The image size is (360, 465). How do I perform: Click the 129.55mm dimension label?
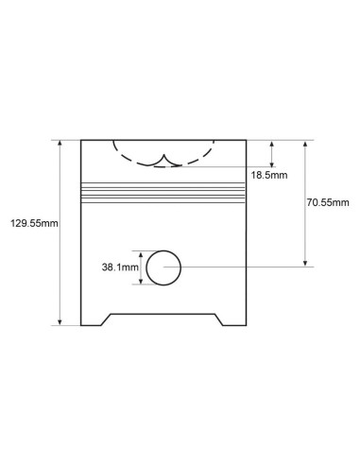tap(34, 223)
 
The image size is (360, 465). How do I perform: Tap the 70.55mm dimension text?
tap(328, 202)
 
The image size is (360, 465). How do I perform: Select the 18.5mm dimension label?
tap(269, 175)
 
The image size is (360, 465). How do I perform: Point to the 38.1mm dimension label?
tap(120, 267)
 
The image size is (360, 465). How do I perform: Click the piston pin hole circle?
tap(146, 267)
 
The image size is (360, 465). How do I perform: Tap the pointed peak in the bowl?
tap(163, 155)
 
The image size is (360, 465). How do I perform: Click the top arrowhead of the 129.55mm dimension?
tap(60, 144)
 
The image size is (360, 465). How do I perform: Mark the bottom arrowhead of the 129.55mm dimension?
tap(60, 322)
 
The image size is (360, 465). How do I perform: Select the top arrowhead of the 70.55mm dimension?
tap(305, 144)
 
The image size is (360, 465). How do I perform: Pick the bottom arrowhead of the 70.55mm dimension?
tap(305, 263)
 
